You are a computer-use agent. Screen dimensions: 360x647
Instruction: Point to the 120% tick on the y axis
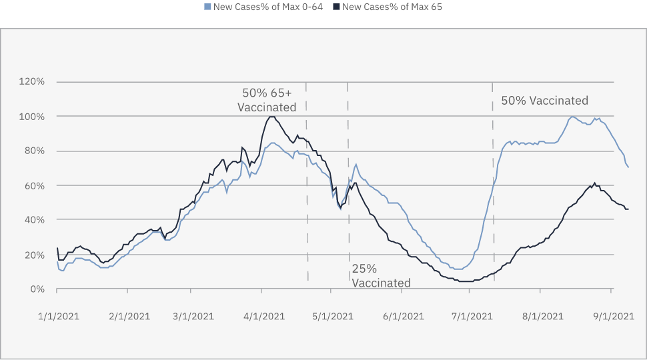click(x=31, y=82)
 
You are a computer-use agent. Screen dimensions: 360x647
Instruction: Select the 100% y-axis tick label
click(x=31, y=117)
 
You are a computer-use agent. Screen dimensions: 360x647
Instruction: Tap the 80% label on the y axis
click(x=33, y=151)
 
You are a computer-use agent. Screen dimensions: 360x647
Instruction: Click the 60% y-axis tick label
click(x=33, y=185)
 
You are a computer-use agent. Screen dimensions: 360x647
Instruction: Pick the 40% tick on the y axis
click(x=33, y=220)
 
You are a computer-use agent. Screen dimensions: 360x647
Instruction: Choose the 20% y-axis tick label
click(x=33, y=255)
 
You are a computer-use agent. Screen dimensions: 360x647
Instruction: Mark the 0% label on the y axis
click(x=36, y=289)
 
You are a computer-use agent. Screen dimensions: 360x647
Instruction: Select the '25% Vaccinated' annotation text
click(x=381, y=276)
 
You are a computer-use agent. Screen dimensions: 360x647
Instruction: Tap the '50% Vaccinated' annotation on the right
click(x=544, y=101)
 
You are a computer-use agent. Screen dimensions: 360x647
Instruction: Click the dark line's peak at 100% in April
click(x=271, y=117)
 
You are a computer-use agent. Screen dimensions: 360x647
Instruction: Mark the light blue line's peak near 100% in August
click(x=572, y=117)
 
